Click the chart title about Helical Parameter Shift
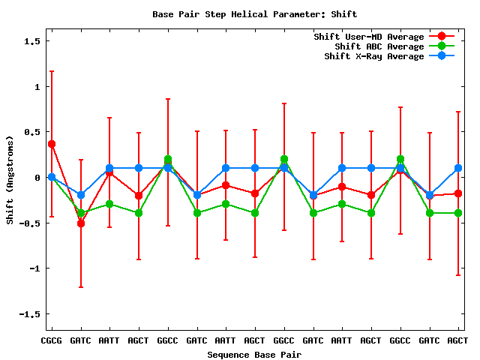[254, 14]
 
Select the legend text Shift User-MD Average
[368, 37]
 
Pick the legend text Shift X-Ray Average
[373, 56]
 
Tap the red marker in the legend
[441, 37]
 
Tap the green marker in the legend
[441, 46]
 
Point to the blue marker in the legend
[441, 56]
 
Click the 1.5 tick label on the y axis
[32, 41]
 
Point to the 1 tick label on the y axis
[37, 87]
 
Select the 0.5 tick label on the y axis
[32, 132]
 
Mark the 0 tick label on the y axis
[37, 178]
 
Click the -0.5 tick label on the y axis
[30, 223]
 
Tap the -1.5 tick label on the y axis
[30, 313]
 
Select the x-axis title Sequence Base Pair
[254, 354]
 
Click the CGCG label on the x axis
[52, 340]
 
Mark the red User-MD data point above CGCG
[52, 144]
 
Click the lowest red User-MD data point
[81, 223]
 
